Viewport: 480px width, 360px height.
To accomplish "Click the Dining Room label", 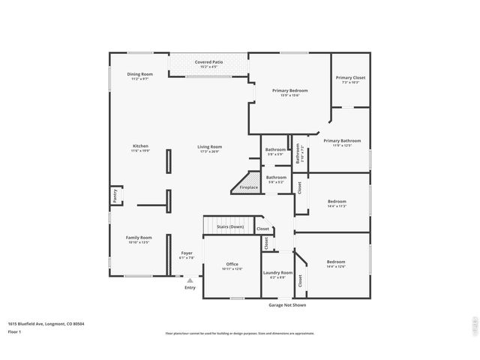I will tap(140, 74).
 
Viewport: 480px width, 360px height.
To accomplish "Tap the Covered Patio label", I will tap(208, 61).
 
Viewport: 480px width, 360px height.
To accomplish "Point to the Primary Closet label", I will tap(350, 78).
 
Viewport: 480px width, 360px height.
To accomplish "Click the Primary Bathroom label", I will tap(342, 141).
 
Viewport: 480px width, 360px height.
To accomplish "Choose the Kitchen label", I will tap(140, 146).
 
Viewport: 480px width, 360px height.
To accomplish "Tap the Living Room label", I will tap(209, 146).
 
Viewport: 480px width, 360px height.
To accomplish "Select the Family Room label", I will tap(139, 238).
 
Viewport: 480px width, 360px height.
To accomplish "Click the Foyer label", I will tap(187, 253).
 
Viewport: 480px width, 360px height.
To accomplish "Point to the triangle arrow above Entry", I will tap(190, 280).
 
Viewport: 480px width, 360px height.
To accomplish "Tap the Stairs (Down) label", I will tap(230, 226).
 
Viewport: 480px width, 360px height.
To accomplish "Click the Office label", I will tap(232, 264).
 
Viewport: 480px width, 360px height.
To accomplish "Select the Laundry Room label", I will tap(277, 273).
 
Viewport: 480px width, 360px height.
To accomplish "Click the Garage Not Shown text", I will tap(287, 305).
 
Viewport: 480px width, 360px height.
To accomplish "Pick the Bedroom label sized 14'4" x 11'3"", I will tap(337, 201).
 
